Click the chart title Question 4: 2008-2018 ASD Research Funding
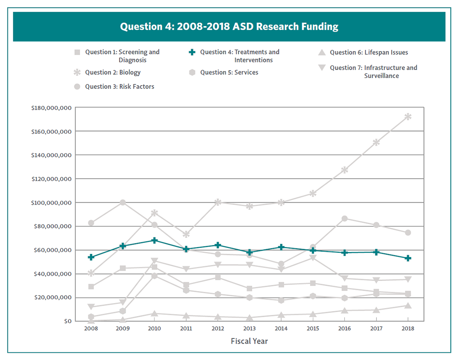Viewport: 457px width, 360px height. point(229,27)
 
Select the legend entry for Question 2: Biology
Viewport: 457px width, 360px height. point(113,72)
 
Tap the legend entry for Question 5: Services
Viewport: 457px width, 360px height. point(229,72)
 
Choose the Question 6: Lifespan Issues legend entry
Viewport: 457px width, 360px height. point(369,52)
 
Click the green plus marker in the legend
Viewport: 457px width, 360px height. point(192,52)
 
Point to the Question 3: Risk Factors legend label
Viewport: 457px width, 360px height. point(120,86)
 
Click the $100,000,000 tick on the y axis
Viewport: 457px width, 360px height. point(51,203)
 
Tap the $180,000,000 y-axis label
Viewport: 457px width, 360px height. point(51,108)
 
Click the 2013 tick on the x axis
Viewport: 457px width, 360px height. point(249,328)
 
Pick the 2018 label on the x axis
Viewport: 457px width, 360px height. point(408,328)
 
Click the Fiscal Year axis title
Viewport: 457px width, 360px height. point(249,341)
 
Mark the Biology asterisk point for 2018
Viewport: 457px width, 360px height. point(408,117)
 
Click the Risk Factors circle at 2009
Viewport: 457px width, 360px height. point(123,203)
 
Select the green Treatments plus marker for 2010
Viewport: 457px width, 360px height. point(155,240)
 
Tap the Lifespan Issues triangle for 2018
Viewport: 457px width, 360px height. point(408,306)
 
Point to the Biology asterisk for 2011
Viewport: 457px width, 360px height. point(186,234)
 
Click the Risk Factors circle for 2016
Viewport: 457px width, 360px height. point(344,218)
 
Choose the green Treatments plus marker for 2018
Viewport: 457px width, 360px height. point(408,258)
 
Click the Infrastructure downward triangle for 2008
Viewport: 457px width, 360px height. point(91,307)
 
